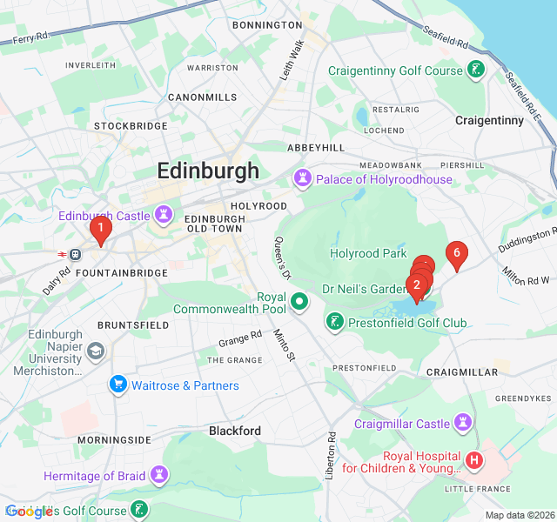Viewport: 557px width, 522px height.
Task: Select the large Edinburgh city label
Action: click(x=208, y=171)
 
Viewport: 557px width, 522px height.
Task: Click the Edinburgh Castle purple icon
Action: click(x=163, y=215)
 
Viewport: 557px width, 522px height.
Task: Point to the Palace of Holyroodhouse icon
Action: click(x=303, y=179)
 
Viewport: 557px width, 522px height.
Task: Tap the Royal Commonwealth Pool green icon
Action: click(x=299, y=302)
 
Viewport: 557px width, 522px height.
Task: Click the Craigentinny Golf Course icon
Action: click(x=476, y=70)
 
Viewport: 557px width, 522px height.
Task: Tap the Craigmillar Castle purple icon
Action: click(x=464, y=424)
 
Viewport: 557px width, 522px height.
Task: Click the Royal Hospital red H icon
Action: click(x=473, y=459)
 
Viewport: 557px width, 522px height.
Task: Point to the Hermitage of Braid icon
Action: click(x=158, y=475)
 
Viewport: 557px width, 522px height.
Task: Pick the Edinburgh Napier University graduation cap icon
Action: click(x=95, y=352)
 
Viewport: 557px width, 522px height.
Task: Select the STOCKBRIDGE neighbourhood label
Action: click(x=131, y=126)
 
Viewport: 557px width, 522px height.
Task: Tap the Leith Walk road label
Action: click(x=291, y=61)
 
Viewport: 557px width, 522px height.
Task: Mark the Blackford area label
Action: click(x=234, y=431)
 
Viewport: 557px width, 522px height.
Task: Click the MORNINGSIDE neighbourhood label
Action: click(x=114, y=440)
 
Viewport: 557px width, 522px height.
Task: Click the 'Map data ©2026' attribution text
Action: click(x=519, y=515)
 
